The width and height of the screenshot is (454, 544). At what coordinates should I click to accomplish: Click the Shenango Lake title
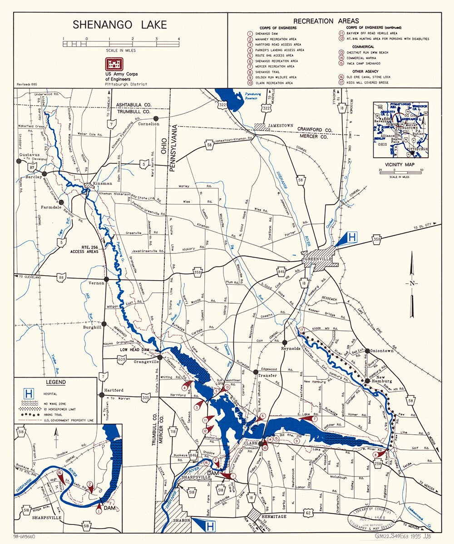[x=120, y=24]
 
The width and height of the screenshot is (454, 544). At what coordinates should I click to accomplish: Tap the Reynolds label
[x=291, y=348]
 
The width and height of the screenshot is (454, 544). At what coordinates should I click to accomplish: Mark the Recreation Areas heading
[x=326, y=21]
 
